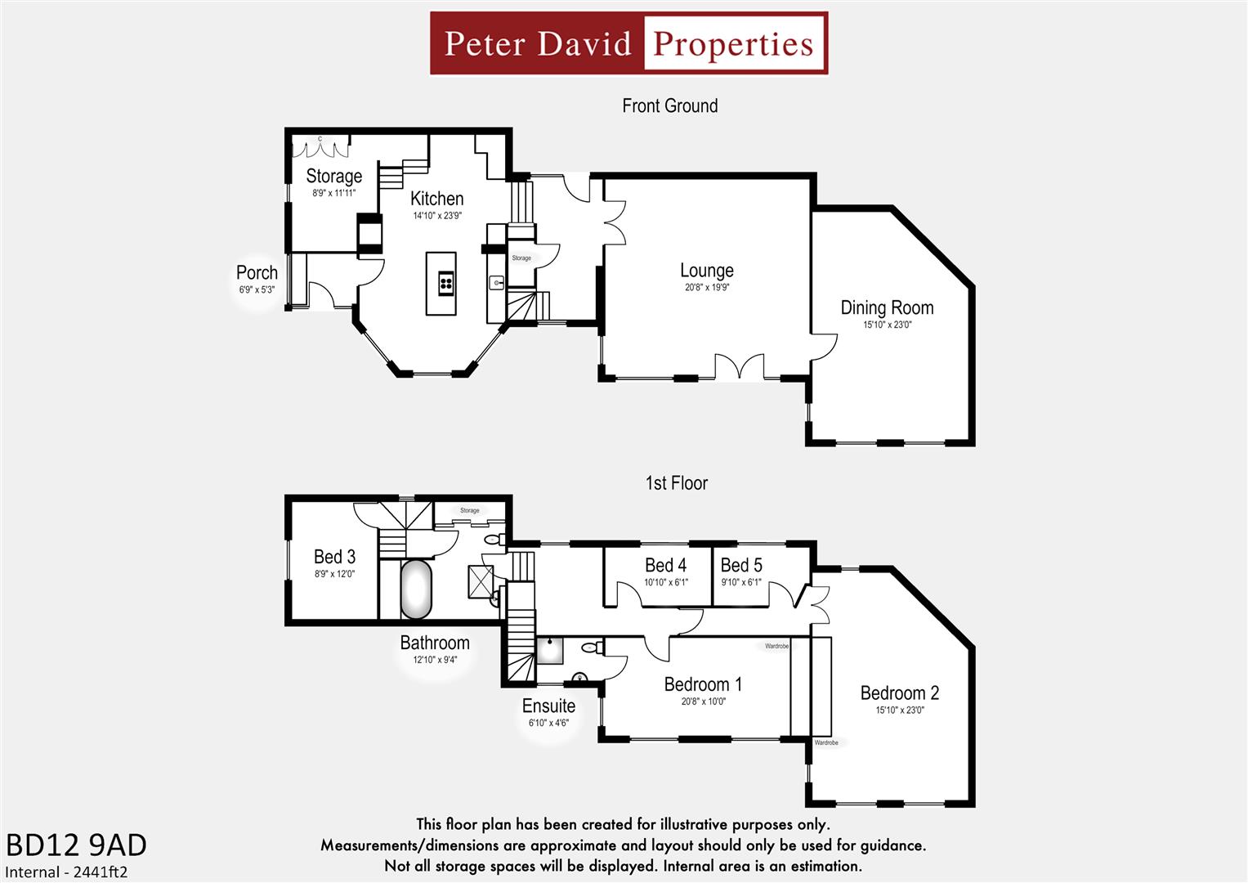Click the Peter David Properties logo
tap(628, 43)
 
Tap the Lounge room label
tap(707, 271)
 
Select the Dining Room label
tap(887, 308)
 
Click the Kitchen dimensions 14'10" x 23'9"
tap(437, 216)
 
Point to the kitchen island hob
tap(446, 283)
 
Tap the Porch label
tap(257, 273)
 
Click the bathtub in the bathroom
tap(416, 589)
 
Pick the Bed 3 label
tap(334, 557)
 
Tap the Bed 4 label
tap(665, 566)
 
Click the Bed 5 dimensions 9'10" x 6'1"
tap(740, 582)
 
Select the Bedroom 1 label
tap(703, 684)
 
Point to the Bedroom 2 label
tap(899, 693)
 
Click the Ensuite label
tap(548, 706)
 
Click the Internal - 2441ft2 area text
tap(66, 872)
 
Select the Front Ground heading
tap(669, 106)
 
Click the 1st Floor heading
tap(676, 483)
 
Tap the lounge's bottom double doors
tap(740, 367)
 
